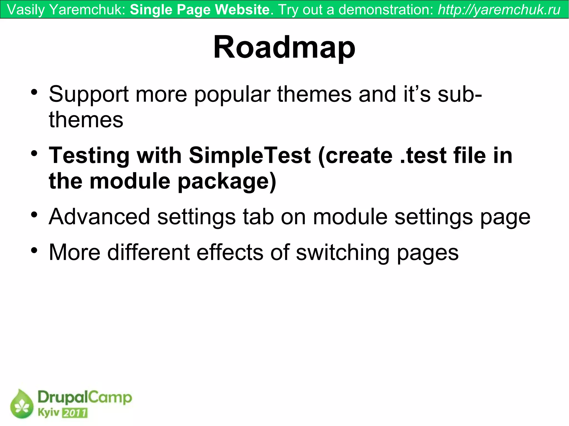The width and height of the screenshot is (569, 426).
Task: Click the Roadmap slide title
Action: click(284, 47)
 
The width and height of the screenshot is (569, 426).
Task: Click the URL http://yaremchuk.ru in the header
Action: click(499, 10)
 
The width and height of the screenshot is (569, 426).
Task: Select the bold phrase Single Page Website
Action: click(200, 10)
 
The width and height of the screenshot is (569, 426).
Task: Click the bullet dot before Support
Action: click(34, 92)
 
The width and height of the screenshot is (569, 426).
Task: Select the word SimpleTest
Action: click(249, 155)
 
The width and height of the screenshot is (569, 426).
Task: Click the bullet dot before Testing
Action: click(34, 153)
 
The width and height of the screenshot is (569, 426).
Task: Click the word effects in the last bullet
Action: click(229, 252)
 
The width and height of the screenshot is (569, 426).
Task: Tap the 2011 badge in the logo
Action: click(75, 413)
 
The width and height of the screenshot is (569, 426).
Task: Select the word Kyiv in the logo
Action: click(49, 413)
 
